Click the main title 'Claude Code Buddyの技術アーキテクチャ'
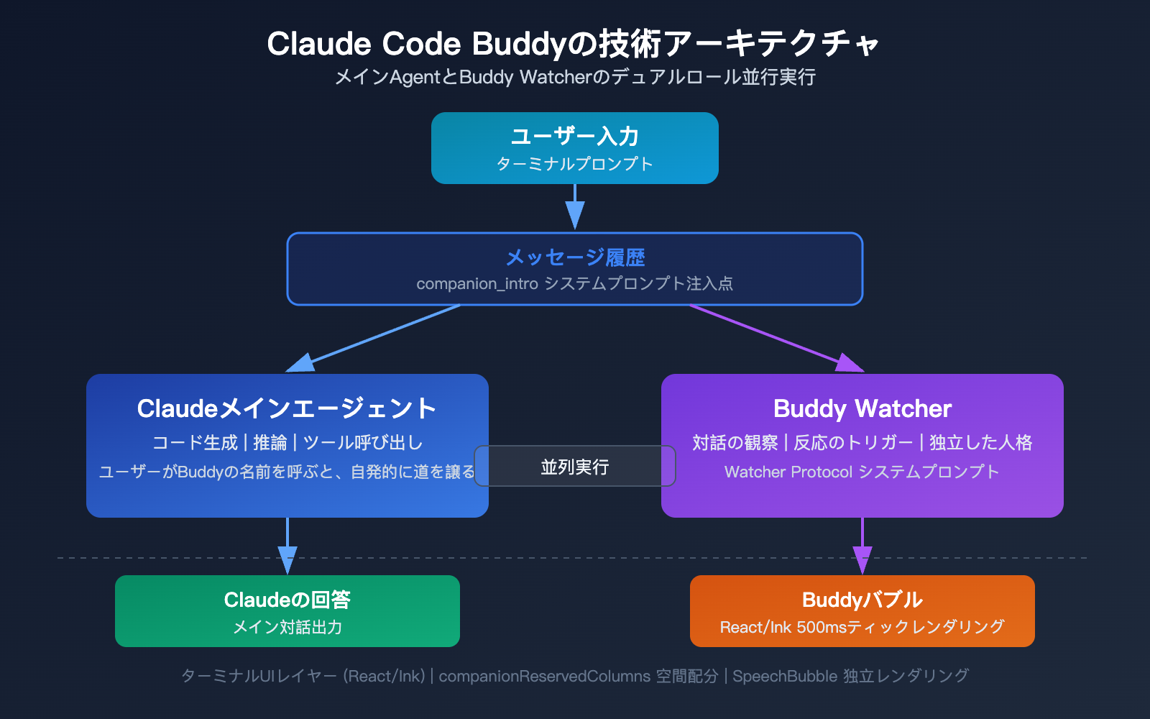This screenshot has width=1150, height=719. click(574, 44)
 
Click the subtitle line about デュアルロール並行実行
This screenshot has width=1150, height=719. click(575, 77)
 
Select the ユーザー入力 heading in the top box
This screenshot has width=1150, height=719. click(575, 136)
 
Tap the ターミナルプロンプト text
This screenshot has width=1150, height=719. click(575, 164)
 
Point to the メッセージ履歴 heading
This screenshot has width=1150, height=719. click(575, 257)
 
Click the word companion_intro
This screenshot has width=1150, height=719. click(477, 284)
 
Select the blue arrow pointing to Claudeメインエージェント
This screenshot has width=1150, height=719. click(374, 339)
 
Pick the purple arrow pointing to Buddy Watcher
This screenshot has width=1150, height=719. click(776, 339)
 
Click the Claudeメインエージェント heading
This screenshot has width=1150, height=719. click(287, 408)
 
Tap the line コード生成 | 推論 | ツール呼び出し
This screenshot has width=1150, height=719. click(287, 443)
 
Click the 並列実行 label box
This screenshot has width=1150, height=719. click(575, 467)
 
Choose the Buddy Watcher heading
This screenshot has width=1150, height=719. click(862, 408)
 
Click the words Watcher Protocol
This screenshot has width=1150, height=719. click(788, 472)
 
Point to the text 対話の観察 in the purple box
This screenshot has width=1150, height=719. click(735, 443)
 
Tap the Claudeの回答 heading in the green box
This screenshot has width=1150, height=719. click(287, 600)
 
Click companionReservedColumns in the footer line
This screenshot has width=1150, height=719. click(544, 677)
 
